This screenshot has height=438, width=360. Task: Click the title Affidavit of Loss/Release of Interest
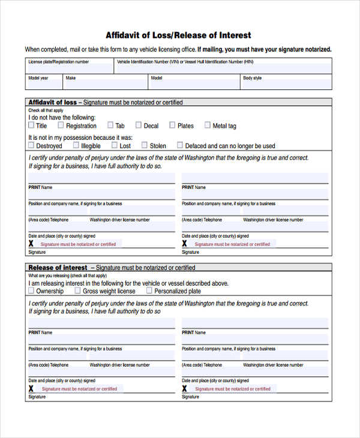coord(178,35)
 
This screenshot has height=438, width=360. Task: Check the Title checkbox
coord(31,125)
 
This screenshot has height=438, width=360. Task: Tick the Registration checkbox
coord(61,125)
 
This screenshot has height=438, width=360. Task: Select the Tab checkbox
coord(110,125)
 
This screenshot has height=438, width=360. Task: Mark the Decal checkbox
coord(139,125)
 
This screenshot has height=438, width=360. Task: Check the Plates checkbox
coord(172,125)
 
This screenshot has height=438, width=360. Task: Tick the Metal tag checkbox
coord(207,125)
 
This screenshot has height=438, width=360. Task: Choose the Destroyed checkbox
coord(31,145)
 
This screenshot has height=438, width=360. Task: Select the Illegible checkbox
coord(76,145)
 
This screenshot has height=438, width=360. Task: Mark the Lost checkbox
coord(114,145)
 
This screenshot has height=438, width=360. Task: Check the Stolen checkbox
coord(145,145)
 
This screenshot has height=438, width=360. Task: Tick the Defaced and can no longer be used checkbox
coord(180,145)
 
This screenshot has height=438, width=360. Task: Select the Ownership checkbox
coord(31,290)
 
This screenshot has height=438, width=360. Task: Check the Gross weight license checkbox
coord(77,290)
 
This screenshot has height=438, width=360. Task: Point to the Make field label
coord(71,78)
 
